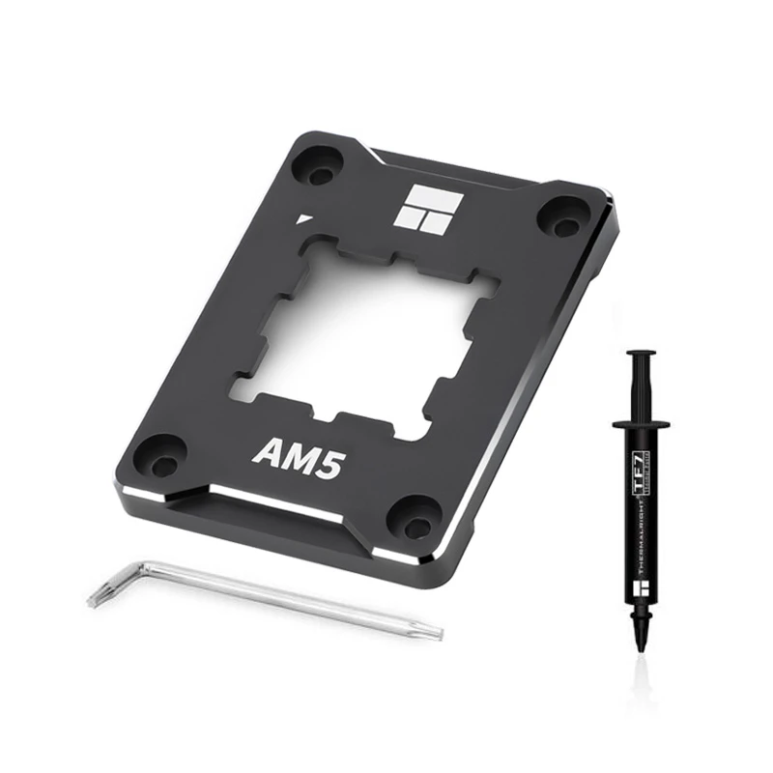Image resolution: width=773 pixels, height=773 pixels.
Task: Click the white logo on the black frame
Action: click(423, 207)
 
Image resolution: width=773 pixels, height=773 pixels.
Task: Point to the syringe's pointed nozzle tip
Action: click(640, 652)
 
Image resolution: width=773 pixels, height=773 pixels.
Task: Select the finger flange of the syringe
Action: click(639, 423)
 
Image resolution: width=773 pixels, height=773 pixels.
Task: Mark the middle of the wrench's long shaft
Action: click(280, 601)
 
